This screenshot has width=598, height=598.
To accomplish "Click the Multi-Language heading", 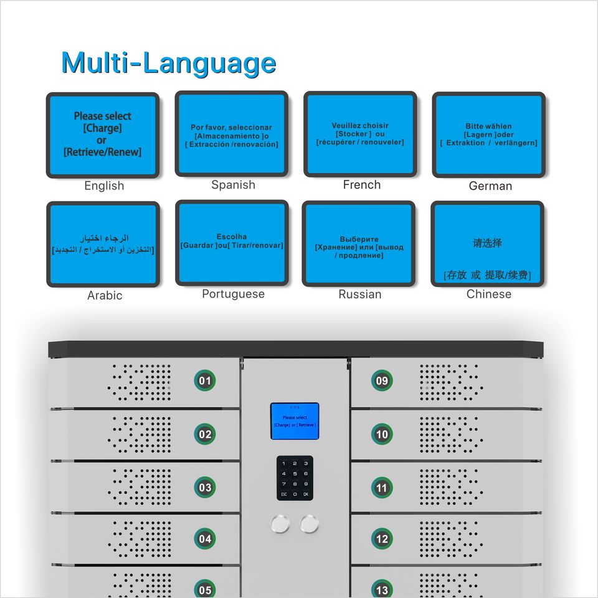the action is pos(168,63).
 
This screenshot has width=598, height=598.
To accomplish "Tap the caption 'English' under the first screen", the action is pos(104,186).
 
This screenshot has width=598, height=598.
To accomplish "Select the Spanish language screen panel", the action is pos(231,134).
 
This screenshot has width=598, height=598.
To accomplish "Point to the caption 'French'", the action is pos(361,184).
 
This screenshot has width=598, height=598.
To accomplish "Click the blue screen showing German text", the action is pos(488,134).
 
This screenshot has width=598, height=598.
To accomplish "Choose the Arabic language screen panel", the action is pos(103,244).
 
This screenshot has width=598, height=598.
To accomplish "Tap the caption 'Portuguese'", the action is pos(233,294).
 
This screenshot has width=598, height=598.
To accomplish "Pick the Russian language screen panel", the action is pos(359,244).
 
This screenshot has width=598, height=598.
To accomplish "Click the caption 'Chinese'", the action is pos(488,294).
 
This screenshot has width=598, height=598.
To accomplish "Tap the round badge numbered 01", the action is pos(205,381).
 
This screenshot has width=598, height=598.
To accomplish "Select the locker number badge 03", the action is pos(205,487).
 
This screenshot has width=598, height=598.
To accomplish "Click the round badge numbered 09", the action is pos(382,381).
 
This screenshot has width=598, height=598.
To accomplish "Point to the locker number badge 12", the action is pos(382,539).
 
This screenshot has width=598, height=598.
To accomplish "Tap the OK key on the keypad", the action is pos(306,494).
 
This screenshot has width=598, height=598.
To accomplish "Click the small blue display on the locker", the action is pos(295,421).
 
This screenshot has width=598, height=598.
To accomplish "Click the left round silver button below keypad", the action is pos(281,524).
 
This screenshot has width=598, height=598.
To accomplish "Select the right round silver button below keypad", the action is pos(310,524).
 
